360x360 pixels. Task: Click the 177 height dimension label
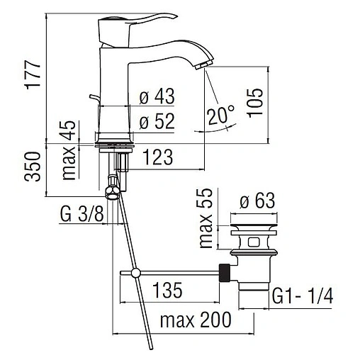(x=33, y=75)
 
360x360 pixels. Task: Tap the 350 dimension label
(x=33, y=167)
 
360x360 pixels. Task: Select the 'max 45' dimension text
(x=69, y=150)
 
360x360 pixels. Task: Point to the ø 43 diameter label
(x=157, y=96)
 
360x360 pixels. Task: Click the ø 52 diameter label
(x=157, y=121)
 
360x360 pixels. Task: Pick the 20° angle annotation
(x=221, y=115)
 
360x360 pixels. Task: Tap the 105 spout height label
(x=255, y=103)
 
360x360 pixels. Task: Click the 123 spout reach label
(x=158, y=157)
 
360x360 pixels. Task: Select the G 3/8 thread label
(x=81, y=214)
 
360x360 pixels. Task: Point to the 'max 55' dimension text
(x=206, y=218)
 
